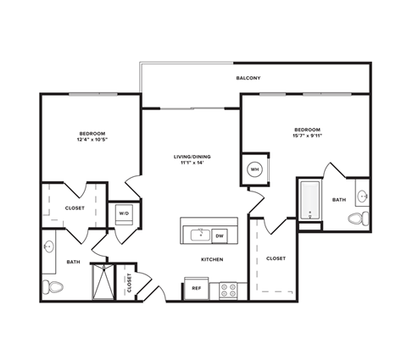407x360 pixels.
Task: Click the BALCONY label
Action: point(248,78)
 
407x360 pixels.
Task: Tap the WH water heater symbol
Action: point(254,169)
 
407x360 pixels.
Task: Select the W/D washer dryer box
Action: point(124,213)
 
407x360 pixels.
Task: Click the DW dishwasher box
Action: point(220,235)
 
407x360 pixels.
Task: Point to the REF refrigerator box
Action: point(195,288)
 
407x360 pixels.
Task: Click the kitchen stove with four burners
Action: point(228,289)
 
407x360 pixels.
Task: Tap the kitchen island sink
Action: point(202,234)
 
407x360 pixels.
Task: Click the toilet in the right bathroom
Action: point(357,219)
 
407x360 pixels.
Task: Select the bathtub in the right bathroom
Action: point(309,202)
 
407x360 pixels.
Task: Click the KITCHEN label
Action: point(212,260)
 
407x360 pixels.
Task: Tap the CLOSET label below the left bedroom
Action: point(75,208)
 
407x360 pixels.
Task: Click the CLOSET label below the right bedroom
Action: point(276,258)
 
